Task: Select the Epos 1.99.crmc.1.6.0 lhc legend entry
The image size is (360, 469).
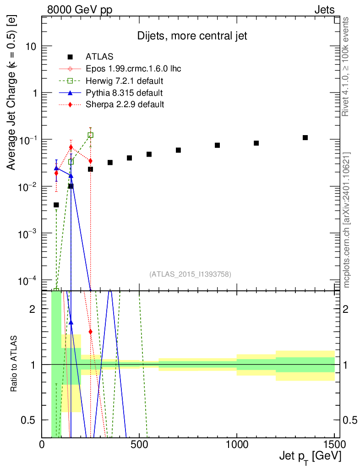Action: click(x=133, y=69)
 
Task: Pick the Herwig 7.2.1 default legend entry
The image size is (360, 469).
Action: click(x=125, y=81)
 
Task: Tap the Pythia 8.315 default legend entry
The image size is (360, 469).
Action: click(x=124, y=93)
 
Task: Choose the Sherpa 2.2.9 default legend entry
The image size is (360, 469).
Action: click(x=125, y=104)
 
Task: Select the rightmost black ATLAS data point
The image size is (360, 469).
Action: click(x=305, y=138)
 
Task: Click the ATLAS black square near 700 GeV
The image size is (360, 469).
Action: click(x=178, y=150)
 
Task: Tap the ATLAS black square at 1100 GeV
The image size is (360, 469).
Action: click(x=256, y=143)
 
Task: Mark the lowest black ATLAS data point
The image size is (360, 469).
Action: click(x=56, y=205)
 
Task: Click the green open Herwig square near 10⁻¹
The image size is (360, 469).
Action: click(x=91, y=135)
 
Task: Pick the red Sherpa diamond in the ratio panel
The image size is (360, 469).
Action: click(x=91, y=332)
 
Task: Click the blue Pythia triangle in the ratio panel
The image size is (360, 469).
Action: click(x=71, y=322)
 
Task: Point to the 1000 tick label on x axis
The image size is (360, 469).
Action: click(x=237, y=444)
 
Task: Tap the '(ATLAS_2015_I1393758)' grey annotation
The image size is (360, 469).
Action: click(x=190, y=274)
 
